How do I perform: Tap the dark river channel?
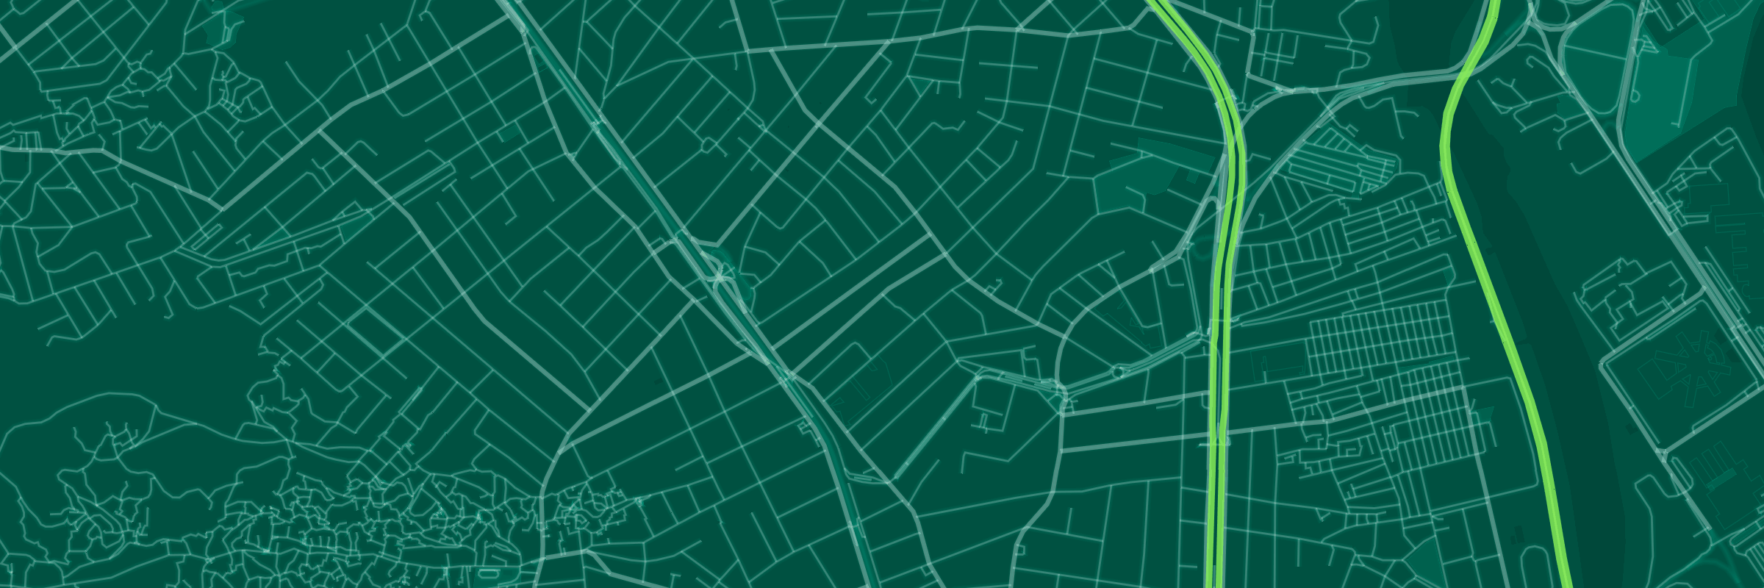[1507, 184]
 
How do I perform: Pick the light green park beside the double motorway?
[1132, 176]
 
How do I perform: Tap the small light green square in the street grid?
[508, 133]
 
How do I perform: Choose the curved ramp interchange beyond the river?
[1551, 29]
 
